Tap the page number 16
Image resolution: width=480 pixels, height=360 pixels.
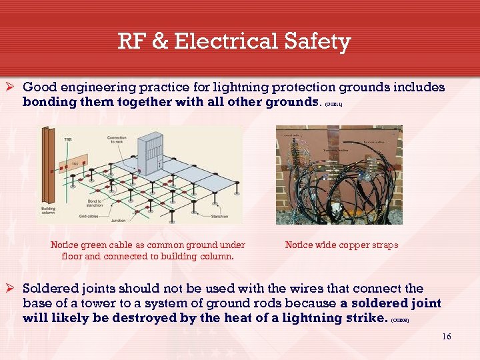click(447, 336)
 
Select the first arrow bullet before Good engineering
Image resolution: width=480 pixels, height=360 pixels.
click(13, 87)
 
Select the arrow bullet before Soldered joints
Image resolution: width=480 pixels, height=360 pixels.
click(13, 289)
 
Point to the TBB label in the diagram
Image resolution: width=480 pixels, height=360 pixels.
click(68, 139)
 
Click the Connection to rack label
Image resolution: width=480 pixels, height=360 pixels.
click(117, 140)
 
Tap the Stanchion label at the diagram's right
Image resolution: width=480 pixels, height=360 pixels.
click(219, 217)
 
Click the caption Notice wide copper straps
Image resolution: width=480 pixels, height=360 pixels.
click(341, 245)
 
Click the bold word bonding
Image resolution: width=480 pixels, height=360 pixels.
click(49, 102)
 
